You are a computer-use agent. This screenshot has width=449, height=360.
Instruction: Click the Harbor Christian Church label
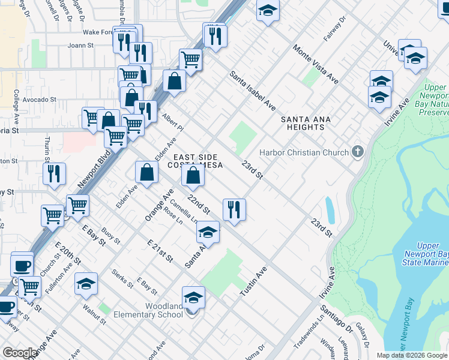pyautogui.click(x=305, y=152)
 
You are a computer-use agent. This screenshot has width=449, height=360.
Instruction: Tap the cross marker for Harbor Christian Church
pyautogui.click(x=358, y=151)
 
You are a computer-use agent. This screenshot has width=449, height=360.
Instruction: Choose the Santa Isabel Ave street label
pyautogui.click(x=253, y=91)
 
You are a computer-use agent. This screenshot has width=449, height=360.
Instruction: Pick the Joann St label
pyautogui.click(x=81, y=45)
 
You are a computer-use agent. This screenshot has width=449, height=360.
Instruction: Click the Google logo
pyautogui.click(x=20, y=353)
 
